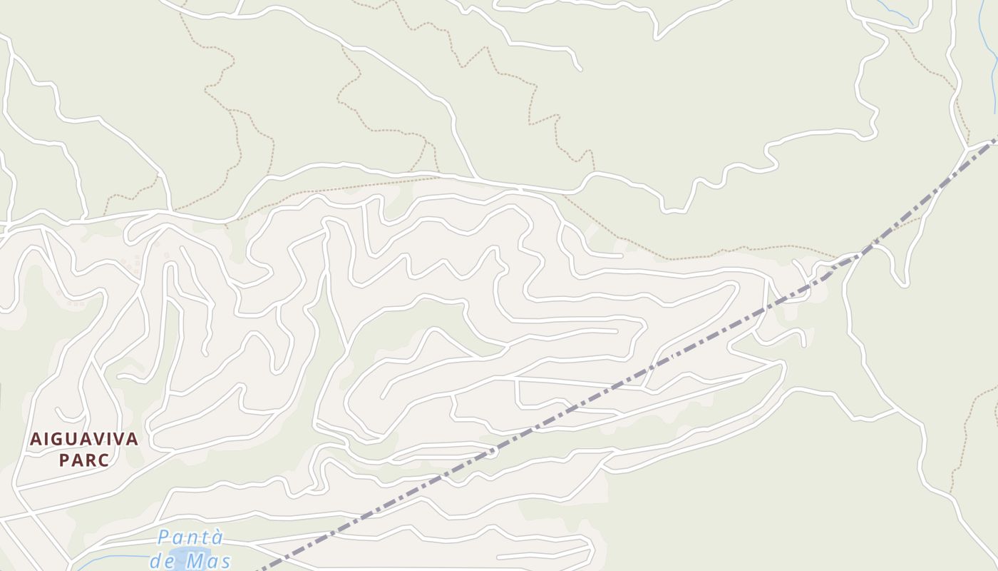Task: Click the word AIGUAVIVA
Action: tap(84, 439)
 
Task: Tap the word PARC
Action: tap(84, 460)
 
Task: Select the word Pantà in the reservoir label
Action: tap(190, 537)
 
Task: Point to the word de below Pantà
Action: tap(162, 561)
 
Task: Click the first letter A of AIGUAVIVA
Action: tap(35, 439)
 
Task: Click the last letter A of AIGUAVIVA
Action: tap(133, 439)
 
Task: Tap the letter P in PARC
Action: tap(63, 460)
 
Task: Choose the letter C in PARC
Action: tap(105, 460)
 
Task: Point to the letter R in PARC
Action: tap(91, 460)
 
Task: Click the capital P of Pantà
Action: tap(165, 537)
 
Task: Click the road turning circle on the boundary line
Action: tap(492, 451)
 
